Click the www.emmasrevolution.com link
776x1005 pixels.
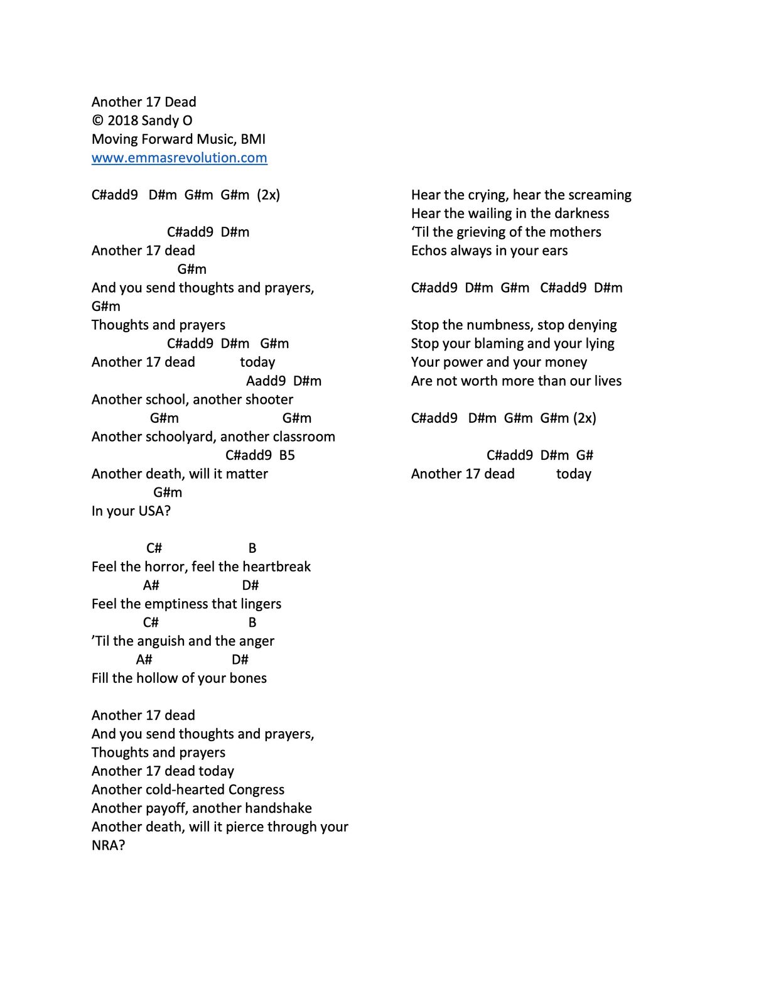tap(179, 158)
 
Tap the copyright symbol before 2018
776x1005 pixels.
tap(97, 121)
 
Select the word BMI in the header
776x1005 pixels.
tap(252, 139)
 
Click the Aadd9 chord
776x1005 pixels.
tap(266, 381)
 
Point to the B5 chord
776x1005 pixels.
tap(287, 455)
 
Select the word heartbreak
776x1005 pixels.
tap(276, 567)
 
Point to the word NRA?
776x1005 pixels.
tap(108, 845)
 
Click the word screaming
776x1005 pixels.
tap(600, 195)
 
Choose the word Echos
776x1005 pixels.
tap(429, 251)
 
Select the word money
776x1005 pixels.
tap(567, 362)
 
